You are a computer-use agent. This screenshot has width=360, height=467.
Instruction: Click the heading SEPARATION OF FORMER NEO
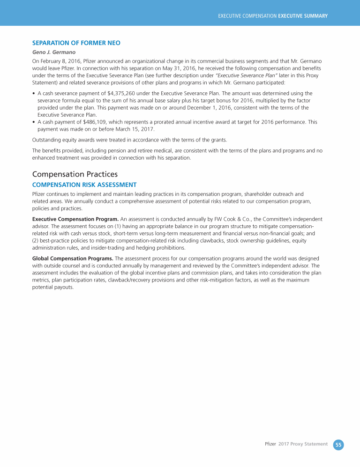click(76, 43)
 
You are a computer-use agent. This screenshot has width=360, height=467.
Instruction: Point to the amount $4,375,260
click(122, 93)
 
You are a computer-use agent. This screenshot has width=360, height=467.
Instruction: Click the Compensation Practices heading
click(75, 174)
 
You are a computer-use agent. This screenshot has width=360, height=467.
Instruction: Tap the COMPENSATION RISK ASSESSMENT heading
click(84, 185)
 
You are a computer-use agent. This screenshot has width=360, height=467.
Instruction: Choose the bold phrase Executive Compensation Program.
click(75, 219)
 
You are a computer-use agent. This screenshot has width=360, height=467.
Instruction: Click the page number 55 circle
click(338, 444)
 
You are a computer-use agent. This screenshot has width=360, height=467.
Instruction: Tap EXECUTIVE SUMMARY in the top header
click(303, 16)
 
